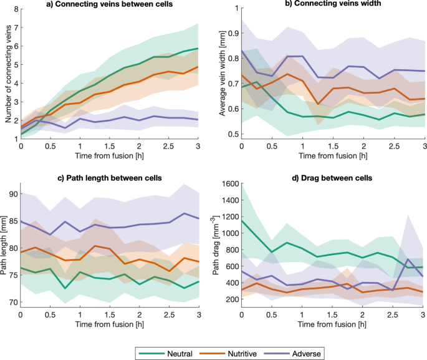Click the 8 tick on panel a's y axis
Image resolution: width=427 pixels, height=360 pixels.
coord(14,9)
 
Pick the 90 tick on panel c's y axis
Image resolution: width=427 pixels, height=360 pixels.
coord(12,194)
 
